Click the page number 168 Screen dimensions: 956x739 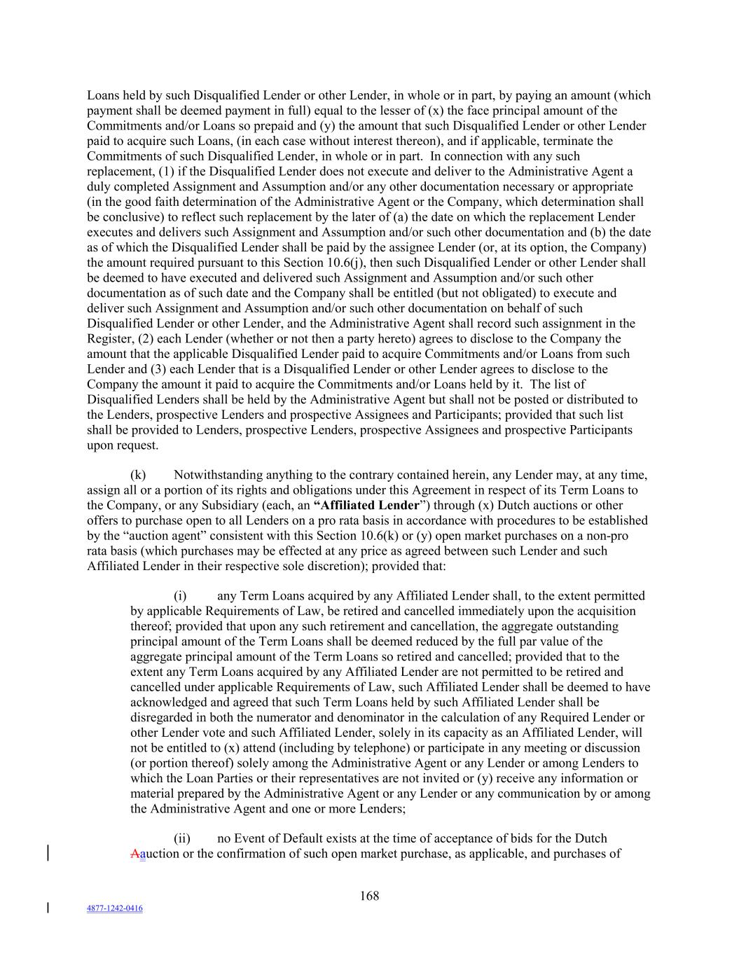pos(369,895)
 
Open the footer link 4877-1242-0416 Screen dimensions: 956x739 pos(114,908)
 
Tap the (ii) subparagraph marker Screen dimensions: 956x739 pos(181,838)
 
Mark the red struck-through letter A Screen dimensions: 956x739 pos(134,854)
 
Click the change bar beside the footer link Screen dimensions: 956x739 pos(48,908)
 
